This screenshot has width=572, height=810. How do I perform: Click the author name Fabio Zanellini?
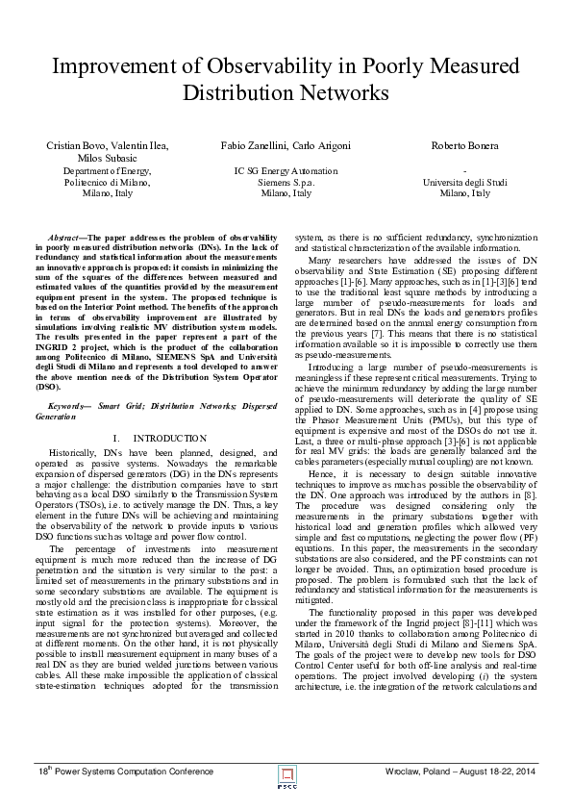pyautogui.click(x=253, y=145)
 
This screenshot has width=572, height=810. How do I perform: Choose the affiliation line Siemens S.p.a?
pyautogui.click(x=286, y=181)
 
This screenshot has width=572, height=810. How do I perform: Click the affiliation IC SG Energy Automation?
pyautogui.click(x=286, y=170)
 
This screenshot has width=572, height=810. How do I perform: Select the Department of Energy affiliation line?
pyautogui.click(x=108, y=170)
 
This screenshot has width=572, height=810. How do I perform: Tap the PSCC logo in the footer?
pyautogui.click(x=286, y=772)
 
